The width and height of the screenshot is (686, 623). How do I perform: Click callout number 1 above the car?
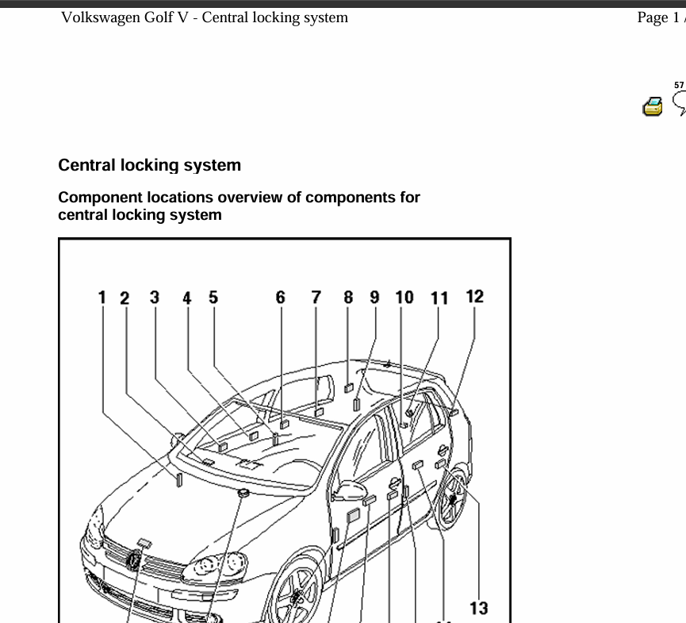102,298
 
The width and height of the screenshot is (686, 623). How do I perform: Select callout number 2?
125,298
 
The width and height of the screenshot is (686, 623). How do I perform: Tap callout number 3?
155,298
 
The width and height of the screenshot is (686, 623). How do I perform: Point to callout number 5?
213,298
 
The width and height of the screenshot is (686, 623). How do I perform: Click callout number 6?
281,298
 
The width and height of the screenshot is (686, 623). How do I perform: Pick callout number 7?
316,298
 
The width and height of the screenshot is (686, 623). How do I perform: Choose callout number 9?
375,298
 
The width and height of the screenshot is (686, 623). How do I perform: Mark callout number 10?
404,298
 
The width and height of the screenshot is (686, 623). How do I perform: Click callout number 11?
439,298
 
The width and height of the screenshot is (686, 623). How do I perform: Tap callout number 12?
474,297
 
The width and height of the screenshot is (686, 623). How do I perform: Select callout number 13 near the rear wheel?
478,609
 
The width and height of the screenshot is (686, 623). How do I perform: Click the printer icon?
653,106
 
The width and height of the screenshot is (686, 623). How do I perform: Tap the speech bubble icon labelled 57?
679,99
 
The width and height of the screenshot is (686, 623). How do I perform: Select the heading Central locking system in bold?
149,166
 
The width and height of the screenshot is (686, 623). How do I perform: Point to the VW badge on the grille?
135,561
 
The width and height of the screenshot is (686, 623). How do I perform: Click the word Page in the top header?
653,17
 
